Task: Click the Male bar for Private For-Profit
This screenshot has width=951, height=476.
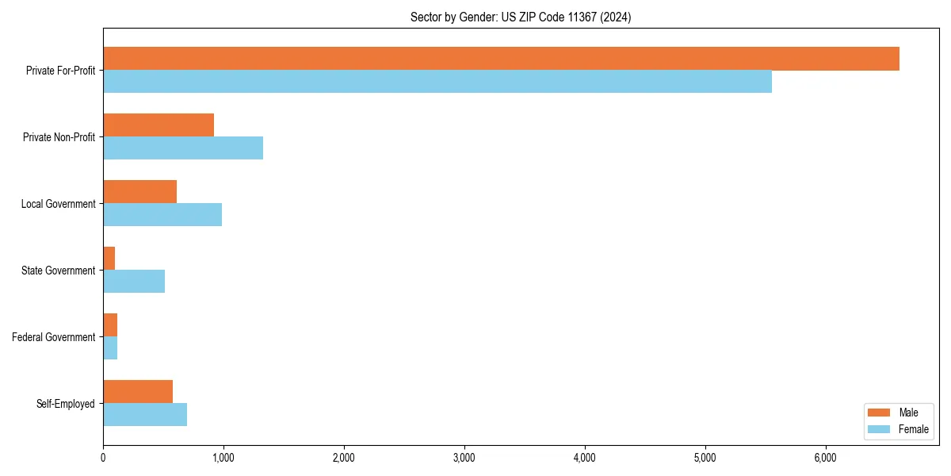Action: tap(501, 59)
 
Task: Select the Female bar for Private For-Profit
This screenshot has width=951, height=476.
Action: tap(437, 82)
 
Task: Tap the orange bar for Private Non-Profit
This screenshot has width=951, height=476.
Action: tap(158, 125)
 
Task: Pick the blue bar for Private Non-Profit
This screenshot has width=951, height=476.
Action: tap(183, 148)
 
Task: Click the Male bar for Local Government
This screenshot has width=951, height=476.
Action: tap(139, 192)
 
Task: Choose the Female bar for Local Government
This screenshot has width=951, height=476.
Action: tap(162, 215)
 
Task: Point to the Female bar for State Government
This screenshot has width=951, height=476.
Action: tap(134, 282)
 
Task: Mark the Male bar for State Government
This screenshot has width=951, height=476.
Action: tap(109, 259)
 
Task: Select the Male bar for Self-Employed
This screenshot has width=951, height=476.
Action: tap(138, 392)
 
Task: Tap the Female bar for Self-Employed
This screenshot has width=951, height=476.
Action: tap(145, 415)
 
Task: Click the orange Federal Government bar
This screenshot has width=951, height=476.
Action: tap(110, 325)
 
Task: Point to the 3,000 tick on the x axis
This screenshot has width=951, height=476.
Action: tap(464, 457)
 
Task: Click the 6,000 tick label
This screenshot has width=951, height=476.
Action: tap(826, 457)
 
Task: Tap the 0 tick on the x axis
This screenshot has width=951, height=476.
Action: tap(103, 457)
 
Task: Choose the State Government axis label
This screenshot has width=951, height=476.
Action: tap(58, 271)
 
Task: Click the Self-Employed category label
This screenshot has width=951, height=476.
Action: tap(65, 404)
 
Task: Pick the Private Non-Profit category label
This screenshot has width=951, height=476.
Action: tap(59, 137)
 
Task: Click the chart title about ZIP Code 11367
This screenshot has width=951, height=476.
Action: tap(521, 17)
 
